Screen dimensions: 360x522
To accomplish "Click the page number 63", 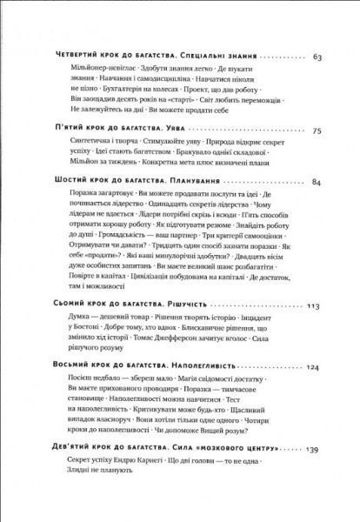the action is tap(317, 58).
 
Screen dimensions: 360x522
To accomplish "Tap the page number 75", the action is tap(317, 131).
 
